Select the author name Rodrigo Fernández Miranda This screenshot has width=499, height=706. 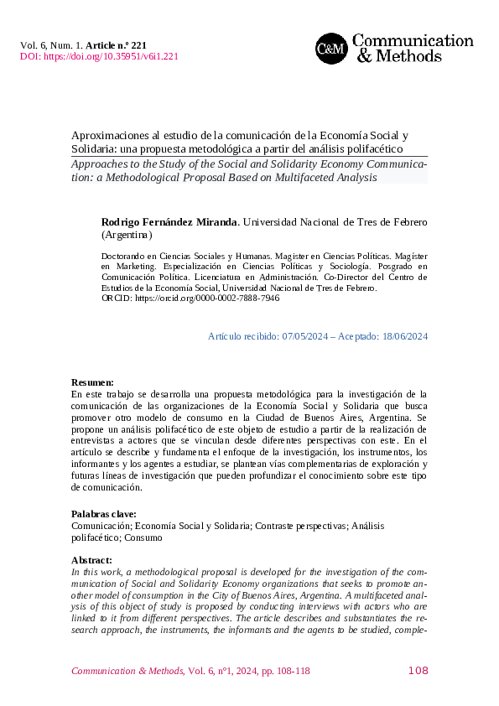click(169, 222)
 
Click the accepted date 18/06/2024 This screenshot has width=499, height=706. click(403, 336)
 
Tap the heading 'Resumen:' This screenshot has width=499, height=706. click(92, 382)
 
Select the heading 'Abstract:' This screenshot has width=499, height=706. click(91, 559)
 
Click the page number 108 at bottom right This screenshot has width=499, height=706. click(418, 670)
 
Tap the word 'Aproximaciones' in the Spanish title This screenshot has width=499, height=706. click(107, 135)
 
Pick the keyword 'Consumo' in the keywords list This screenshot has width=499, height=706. click(144, 537)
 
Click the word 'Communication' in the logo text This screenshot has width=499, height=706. click(413, 40)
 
